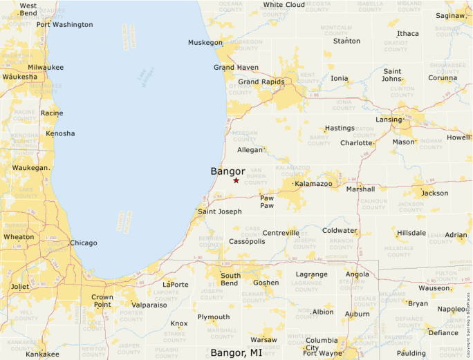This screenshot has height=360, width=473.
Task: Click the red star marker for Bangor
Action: click(x=236, y=180)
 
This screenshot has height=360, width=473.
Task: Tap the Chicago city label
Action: click(x=83, y=243)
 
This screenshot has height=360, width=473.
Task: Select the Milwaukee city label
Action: click(x=46, y=68)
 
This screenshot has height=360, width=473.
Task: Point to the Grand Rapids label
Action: click(x=261, y=82)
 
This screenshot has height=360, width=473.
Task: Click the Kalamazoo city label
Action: click(x=313, y=184)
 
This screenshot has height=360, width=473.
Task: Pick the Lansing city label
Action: click(x=389, y=120)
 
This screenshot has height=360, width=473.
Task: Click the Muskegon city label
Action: click(x=205, y=43)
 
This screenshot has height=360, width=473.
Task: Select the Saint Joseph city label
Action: click(x=220, y=211)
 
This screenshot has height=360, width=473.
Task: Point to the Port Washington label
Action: click(x=64, y=25)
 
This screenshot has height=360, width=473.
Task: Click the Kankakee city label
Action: click(x=43, y=354)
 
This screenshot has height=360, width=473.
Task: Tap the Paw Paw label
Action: click(x=267, y=201)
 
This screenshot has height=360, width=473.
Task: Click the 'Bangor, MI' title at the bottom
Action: click(x=236, y=353)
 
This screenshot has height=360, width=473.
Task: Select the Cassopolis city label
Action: click(x=248, y=242)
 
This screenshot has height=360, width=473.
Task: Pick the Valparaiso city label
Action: click(x=149, y=305)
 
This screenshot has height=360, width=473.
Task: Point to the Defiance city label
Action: click(x=443, y=333)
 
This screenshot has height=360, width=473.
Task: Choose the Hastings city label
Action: click(x=340, y=129)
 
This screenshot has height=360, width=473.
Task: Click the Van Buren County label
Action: click(x=256, y=177)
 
